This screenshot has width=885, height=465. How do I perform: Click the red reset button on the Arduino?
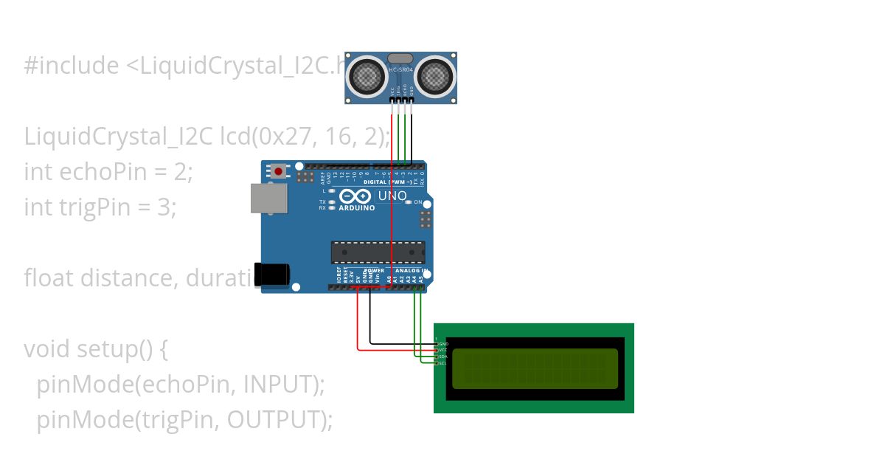point(278,171)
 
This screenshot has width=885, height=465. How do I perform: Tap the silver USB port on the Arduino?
point(269,199)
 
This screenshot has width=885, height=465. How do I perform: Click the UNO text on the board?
point(392,196)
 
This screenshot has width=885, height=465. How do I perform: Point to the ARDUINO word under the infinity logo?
point(356,208)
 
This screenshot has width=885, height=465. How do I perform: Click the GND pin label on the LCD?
point(443,344)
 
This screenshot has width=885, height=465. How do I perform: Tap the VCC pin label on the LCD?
point(443,351)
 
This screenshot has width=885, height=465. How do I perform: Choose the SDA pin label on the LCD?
point(443,356)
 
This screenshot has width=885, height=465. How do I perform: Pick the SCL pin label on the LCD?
point(443,363)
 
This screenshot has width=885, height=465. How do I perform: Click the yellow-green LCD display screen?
point(535,368)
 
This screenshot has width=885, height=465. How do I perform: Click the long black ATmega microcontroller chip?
point(378,252)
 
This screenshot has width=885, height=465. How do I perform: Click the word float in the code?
point(49,278)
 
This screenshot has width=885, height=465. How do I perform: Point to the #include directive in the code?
point(71,66)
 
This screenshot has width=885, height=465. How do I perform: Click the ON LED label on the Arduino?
point(417,202)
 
